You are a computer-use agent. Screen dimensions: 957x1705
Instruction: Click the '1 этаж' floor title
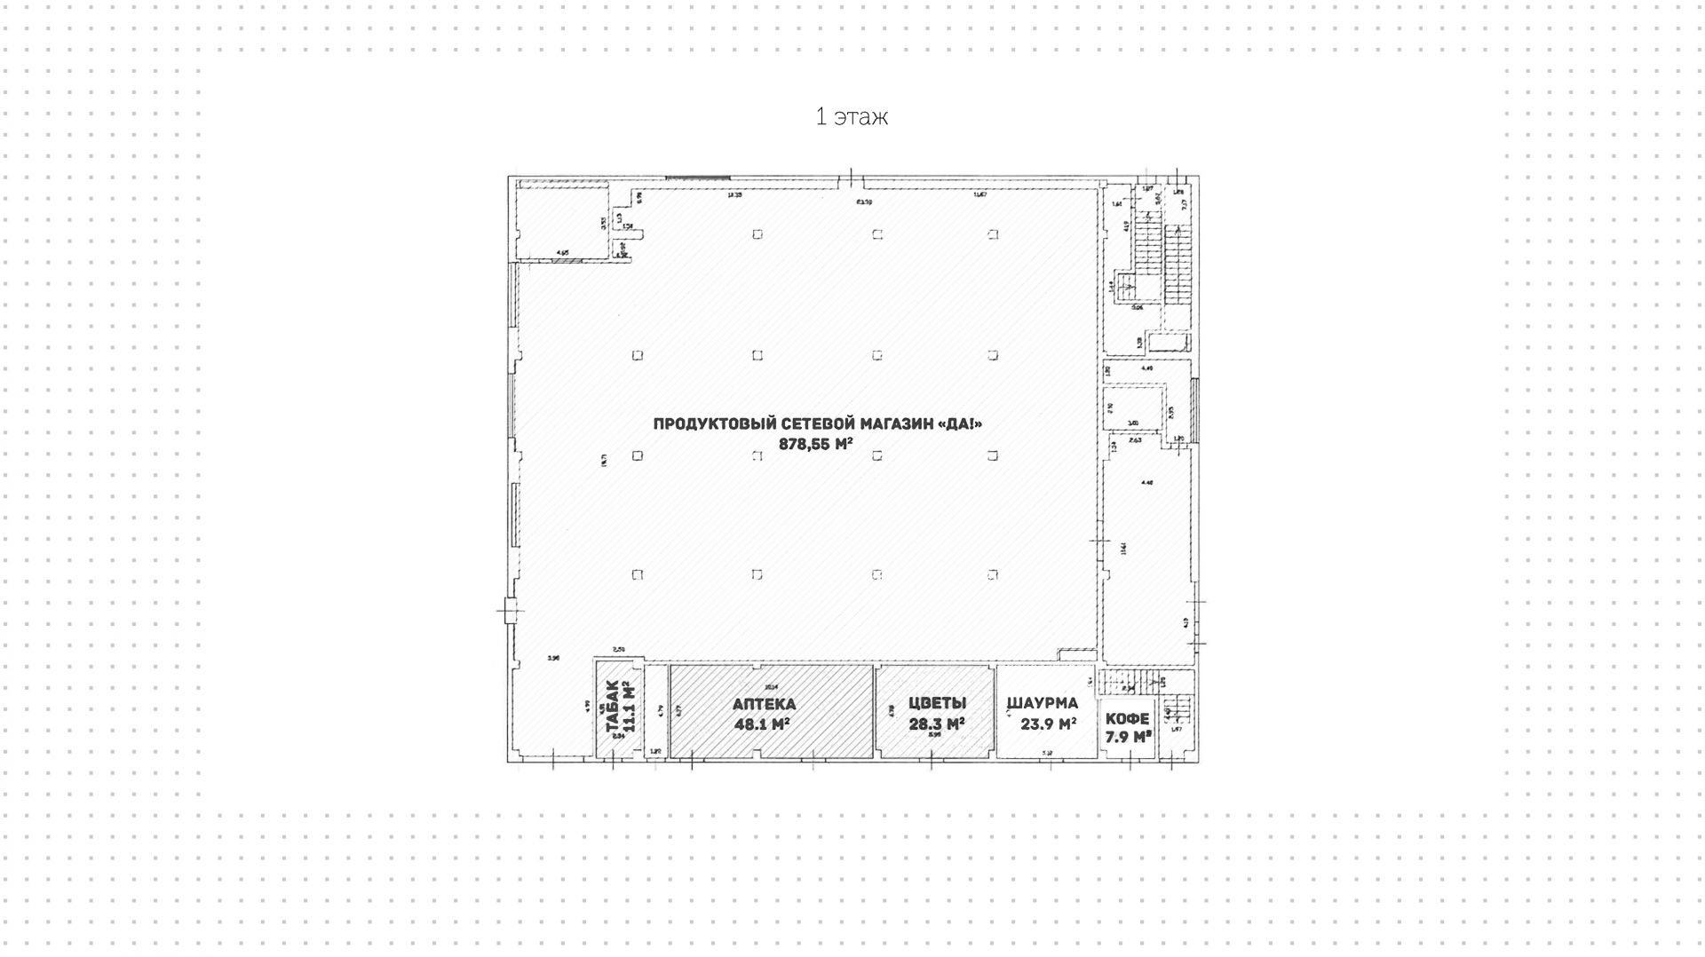(x=852, y=116)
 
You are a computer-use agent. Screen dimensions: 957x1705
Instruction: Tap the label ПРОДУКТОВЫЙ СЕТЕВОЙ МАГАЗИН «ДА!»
(x=817, y=424)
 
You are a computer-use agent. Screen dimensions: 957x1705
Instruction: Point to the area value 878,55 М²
(x=815, y=445)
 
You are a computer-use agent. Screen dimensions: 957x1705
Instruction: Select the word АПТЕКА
(x=764, y=705)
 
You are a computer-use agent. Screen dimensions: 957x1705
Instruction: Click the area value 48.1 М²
(x=762, y=724)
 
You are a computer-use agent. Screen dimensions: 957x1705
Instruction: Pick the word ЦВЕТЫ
(x=937, y=703)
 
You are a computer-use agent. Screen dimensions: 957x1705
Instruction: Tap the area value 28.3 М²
(x=936, y=724)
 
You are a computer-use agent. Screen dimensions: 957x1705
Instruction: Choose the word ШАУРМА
(x=1043, y=704)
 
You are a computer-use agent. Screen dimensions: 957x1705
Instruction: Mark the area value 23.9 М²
(x=1048, y=724)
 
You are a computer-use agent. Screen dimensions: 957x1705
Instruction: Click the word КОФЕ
(x=1127, y=718)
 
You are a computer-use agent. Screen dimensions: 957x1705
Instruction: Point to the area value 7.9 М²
(x=1128, y=737)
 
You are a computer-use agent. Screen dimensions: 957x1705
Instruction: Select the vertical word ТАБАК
(x=612, y=708)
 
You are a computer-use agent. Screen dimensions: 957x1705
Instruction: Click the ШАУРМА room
(x=1046, y=741)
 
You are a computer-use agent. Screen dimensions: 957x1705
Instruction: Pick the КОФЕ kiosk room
(x=1128, y=750)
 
